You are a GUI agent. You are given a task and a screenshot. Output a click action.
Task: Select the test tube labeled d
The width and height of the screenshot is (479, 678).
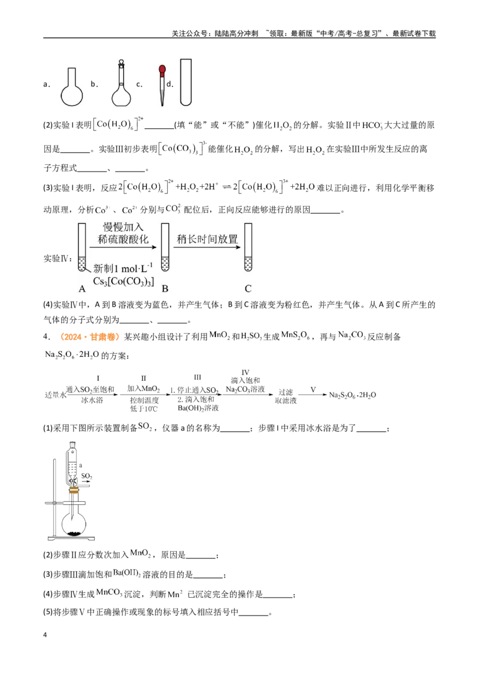click(x=186, y=82)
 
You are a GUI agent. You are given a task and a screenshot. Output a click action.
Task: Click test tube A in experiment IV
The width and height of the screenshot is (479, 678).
click(x=81, y=247)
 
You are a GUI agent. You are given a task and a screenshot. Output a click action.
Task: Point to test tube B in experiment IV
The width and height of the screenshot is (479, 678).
click(x=165, y=247)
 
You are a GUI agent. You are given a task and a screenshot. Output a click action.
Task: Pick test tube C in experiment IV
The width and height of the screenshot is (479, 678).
click(x=248, y=247)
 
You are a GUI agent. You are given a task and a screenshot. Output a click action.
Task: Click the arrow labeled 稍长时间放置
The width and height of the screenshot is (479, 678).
click(x=207, y=247)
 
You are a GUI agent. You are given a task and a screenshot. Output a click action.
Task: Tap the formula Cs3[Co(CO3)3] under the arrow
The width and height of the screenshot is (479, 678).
click(x=123, y=282)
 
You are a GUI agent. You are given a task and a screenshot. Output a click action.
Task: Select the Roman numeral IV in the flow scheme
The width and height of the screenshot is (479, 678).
click(x=245, y=373)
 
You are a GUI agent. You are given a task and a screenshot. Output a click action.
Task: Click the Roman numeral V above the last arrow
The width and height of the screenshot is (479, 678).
click(x=313, y=389)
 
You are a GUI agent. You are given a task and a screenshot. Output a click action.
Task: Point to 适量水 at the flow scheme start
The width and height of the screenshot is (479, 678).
click(x=55, y=395)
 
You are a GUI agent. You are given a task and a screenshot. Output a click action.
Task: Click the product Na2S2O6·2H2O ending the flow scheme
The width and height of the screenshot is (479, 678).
click(x=352, y=395)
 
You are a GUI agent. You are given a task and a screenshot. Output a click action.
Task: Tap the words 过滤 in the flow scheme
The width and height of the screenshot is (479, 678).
click(x=286, y=392)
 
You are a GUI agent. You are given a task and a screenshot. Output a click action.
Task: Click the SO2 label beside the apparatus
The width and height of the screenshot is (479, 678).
click(x=86, y=476)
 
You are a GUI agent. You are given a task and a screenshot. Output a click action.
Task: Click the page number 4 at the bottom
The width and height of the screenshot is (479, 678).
click(x=45, y=635)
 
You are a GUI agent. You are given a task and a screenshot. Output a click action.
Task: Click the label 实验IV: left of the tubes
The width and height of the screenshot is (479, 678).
click(x=58, y=259)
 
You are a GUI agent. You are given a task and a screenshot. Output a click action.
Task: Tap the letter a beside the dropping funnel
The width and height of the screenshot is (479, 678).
click(x=81, y=466)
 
